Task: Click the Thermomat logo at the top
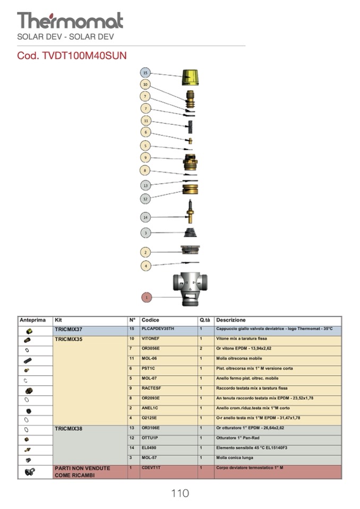click(70, 20)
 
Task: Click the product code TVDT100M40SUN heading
click(72, 56)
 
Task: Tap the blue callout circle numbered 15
click(146, 72)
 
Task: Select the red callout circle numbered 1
click(146, 297)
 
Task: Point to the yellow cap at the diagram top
click(191, 77)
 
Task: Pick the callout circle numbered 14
click(146, 217)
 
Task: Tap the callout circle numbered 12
click(146, 199)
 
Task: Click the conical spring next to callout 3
click(191, 232)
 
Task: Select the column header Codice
click(150, 321)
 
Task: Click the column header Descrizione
click(231, 321)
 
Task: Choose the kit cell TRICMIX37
click(68, 330)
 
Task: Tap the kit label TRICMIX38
click(68, 428)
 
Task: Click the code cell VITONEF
click(151, 339)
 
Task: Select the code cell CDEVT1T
click(151, 468)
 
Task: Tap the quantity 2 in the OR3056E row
click(201, 349)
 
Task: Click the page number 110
click(179, 494)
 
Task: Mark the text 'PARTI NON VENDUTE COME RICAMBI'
click(82, 472)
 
